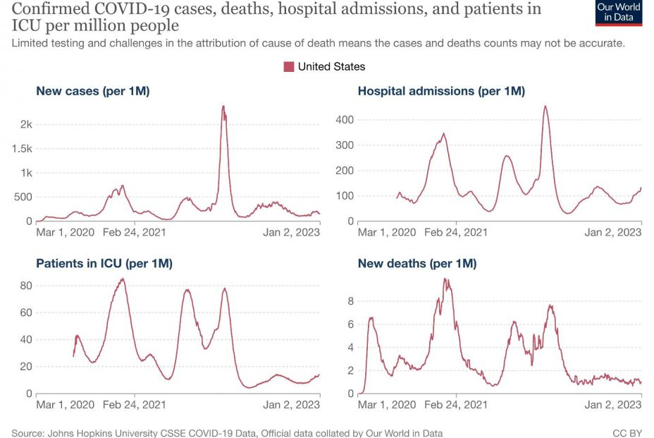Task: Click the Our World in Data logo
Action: pos(619,13)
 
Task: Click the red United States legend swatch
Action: pos(289,66)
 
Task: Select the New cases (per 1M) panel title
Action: pos(92,91)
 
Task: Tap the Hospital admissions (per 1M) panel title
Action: pos(441,91)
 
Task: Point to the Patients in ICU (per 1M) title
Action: pos(104,263)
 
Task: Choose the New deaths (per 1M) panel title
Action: pos(417,263)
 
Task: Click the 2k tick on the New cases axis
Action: pos(26,124)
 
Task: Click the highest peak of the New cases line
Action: pos(223,107)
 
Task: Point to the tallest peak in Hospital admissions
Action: pos(545,107)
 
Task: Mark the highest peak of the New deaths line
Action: pos(445,279)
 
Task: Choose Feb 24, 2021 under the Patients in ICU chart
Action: pos(135,405)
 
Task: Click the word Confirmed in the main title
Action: pos(48,9)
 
